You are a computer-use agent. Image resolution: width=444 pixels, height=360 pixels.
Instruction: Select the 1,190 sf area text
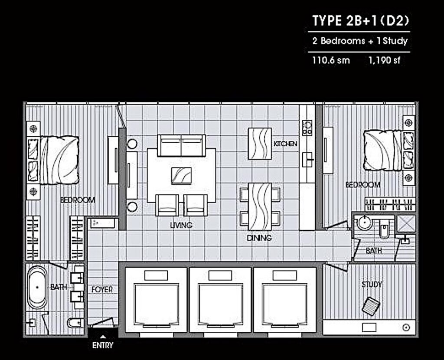(x=384, y=60)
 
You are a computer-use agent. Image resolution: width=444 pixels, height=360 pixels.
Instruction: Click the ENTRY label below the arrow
(x=103, y=346)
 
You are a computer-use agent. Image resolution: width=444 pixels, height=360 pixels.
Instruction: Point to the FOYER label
(x=102, y=289)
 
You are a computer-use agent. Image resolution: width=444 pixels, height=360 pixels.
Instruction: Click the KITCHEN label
(x=285, y=144)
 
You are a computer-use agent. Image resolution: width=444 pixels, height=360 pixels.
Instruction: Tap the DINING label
(x=259, y=238)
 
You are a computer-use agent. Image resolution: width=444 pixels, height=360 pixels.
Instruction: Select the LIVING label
(x=181, y=226)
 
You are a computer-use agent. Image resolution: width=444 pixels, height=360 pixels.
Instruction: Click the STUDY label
(x=372, y=285)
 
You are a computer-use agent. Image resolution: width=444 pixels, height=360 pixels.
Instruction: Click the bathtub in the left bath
(x=37, y=287)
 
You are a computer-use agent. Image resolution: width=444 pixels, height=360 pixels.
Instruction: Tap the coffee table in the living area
(x=182, y=176)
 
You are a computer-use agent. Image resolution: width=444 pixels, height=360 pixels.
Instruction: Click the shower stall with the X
(x=406, y=224)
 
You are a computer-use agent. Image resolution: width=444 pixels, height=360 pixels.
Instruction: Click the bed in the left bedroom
(x=59, y=160)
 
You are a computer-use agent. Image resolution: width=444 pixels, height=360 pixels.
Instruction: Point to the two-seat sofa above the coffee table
(x=181, y=145)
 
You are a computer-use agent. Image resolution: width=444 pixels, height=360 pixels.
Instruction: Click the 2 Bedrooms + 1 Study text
(x=360, y=41)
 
